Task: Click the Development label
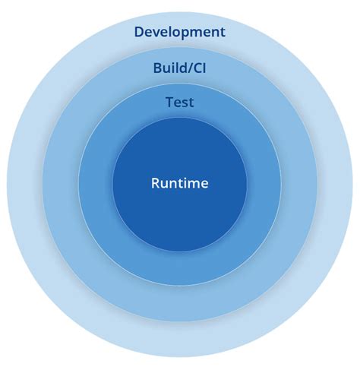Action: pos(179,32)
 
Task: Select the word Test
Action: pos(179,101)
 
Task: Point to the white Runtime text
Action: pos(179,183)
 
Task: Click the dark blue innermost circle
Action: pos(179,220)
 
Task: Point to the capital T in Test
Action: pos(169,101)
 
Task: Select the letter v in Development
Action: pos(159,33)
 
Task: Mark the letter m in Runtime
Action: pos(194,184)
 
